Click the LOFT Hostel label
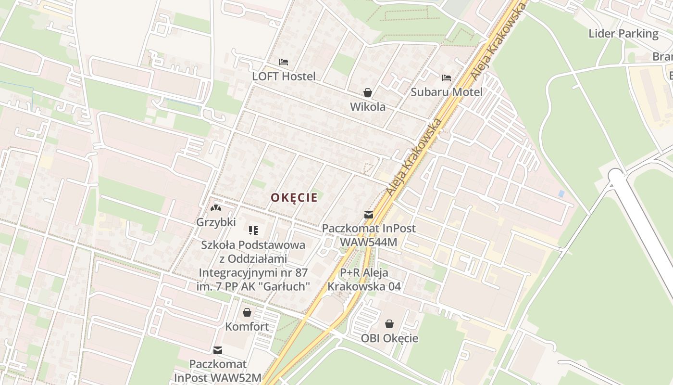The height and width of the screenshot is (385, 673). point(284,76)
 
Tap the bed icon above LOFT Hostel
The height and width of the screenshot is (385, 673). point(284,62)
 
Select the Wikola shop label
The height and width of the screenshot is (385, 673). point(368,107)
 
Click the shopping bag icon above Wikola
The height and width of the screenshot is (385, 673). point(368,92)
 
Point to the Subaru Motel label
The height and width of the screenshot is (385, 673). point(447,92)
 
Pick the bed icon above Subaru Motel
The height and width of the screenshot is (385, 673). point(447,77)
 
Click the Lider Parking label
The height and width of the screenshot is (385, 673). point(623,34)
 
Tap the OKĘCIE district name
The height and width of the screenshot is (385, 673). point(294,197)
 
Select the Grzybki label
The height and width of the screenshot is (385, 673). point(216,222)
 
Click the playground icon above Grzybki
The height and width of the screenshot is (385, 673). point(216,208)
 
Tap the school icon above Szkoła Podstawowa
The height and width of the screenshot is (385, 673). point(253,231)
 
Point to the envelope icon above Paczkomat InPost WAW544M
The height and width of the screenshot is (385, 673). point(368,215)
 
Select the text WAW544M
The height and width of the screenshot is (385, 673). point(368,242)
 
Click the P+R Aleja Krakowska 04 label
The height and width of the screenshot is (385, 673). point(364,280)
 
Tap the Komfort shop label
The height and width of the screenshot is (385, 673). point(247,327)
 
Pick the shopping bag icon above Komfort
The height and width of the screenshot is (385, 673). point(247,312)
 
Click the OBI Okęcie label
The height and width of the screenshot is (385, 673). point(389,338)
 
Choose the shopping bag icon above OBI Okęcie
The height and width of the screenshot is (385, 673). point(389,324)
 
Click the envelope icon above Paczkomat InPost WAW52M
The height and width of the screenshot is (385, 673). point(218,350)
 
